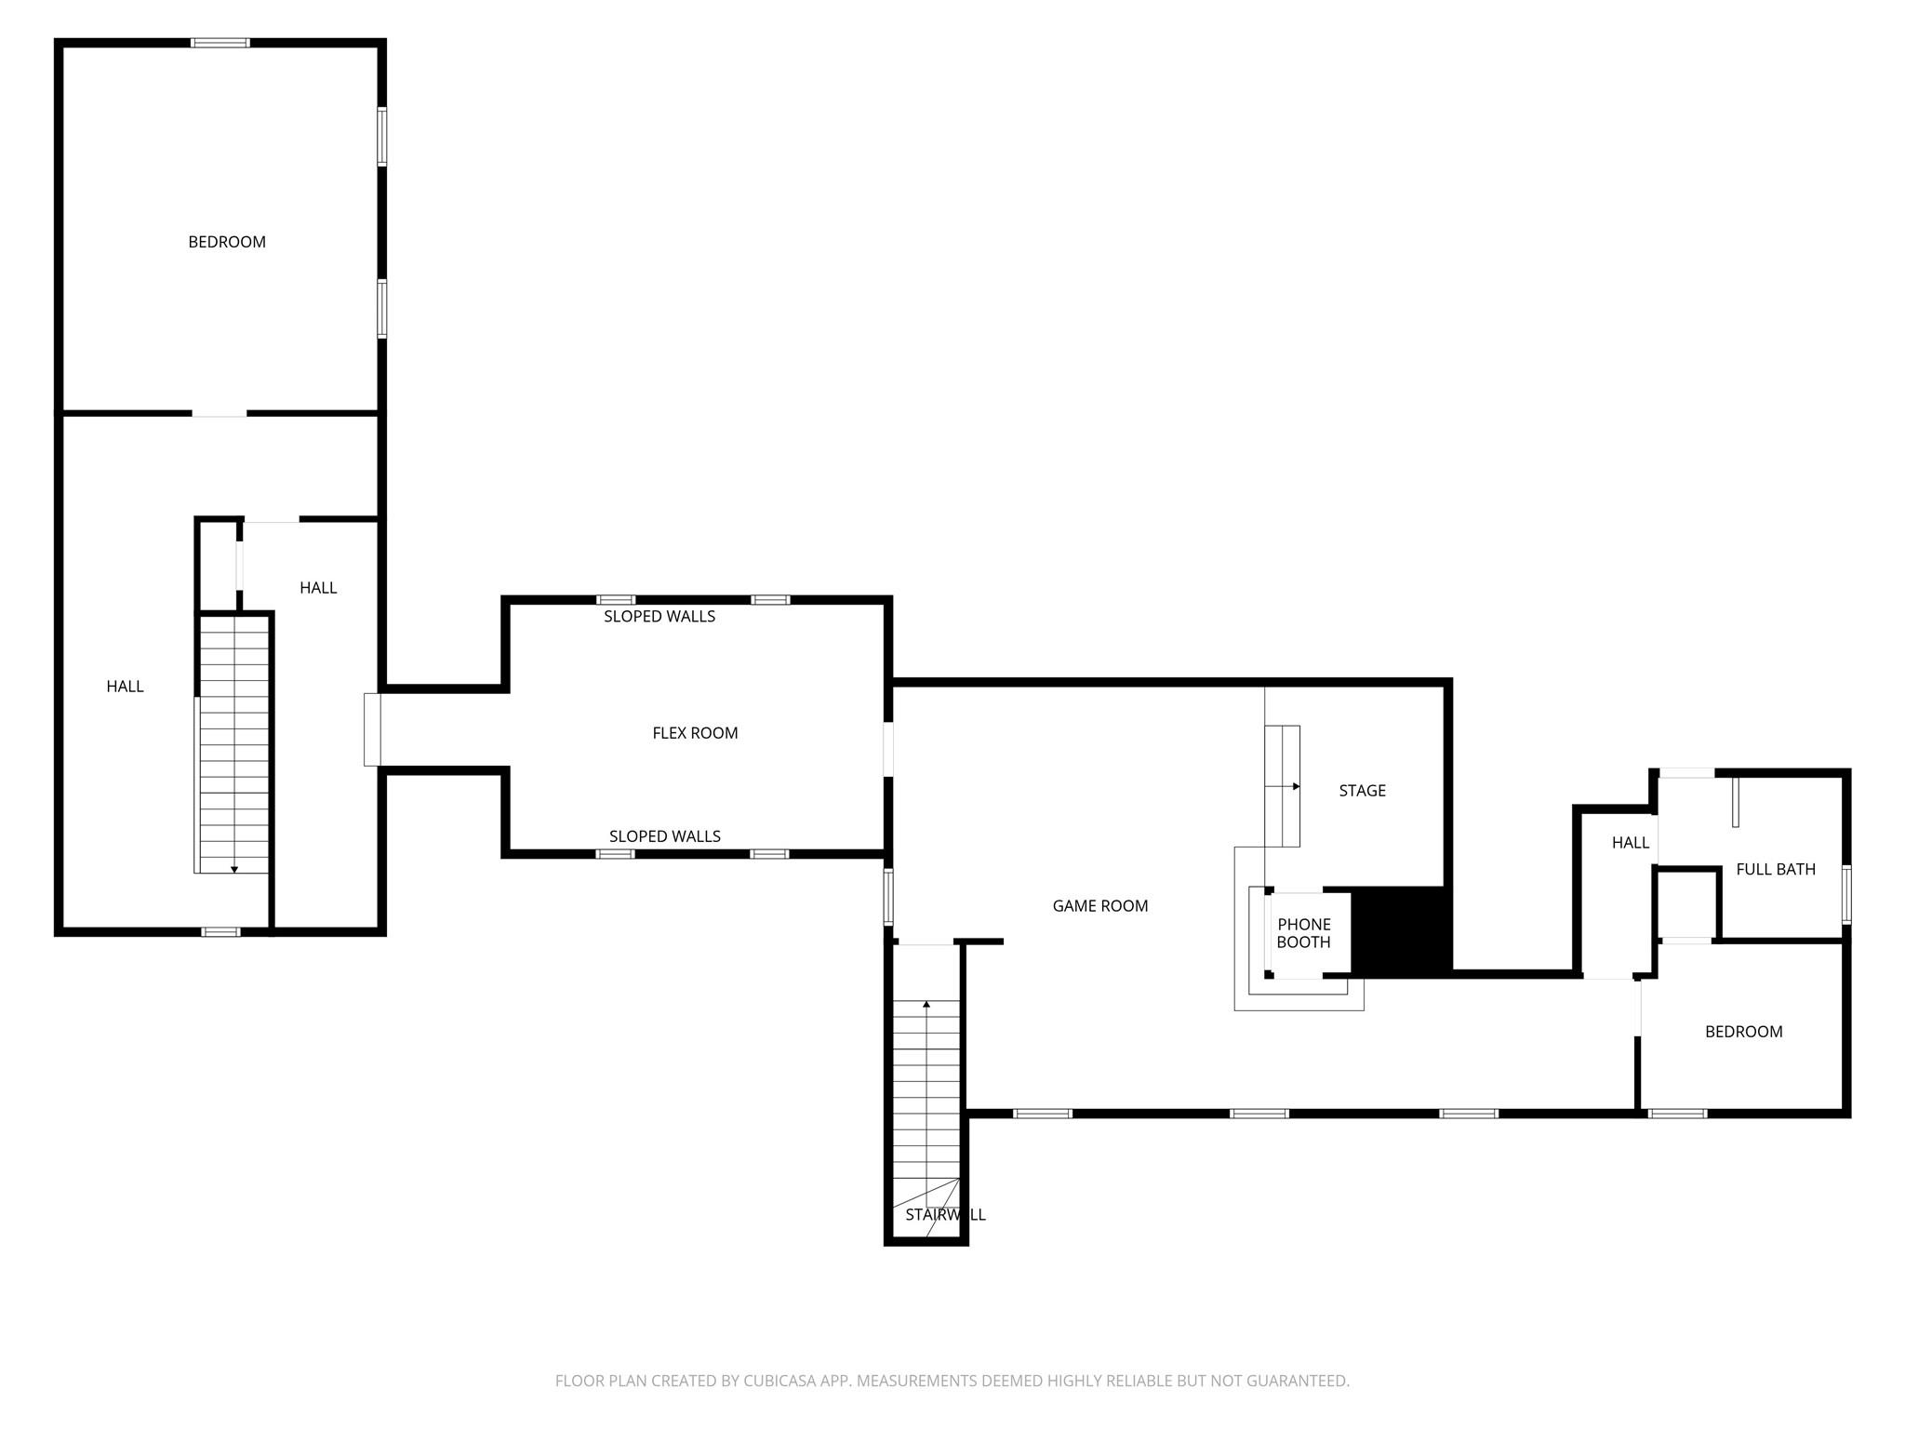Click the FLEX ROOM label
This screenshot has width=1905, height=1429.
pos(695,733)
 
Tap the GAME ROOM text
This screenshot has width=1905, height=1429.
pos(1099,906)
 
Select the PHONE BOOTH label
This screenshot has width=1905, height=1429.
pos(1303,933)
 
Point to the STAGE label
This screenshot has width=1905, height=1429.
pos(1362,791)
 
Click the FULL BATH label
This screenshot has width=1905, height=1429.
pos(1775,869)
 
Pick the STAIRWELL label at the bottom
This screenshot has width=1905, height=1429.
pos(945,1215)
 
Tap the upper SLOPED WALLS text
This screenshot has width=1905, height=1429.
pos(659,617)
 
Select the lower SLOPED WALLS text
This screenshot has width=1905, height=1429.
pos(664,836)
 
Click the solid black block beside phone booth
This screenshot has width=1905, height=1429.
pos(1399,930)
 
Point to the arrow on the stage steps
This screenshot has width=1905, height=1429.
pos(1295,786)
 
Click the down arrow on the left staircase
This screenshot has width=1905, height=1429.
pos(234,869)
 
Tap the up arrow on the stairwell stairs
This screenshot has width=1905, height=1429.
pos(926,1005)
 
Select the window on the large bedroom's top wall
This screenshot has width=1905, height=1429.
pos(220,43)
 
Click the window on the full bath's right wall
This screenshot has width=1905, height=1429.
pos(1846,894)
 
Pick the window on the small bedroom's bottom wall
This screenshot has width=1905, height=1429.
pos(1677,1113)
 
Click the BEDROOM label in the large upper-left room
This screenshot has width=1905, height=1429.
pos(227,242)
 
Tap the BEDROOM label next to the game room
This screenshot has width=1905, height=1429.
pos(1743,1032)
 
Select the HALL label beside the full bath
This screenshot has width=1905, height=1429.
pos(1630,843)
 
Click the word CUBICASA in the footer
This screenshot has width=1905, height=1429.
pos(779,1381)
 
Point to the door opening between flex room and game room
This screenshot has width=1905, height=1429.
pos(888,749)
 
